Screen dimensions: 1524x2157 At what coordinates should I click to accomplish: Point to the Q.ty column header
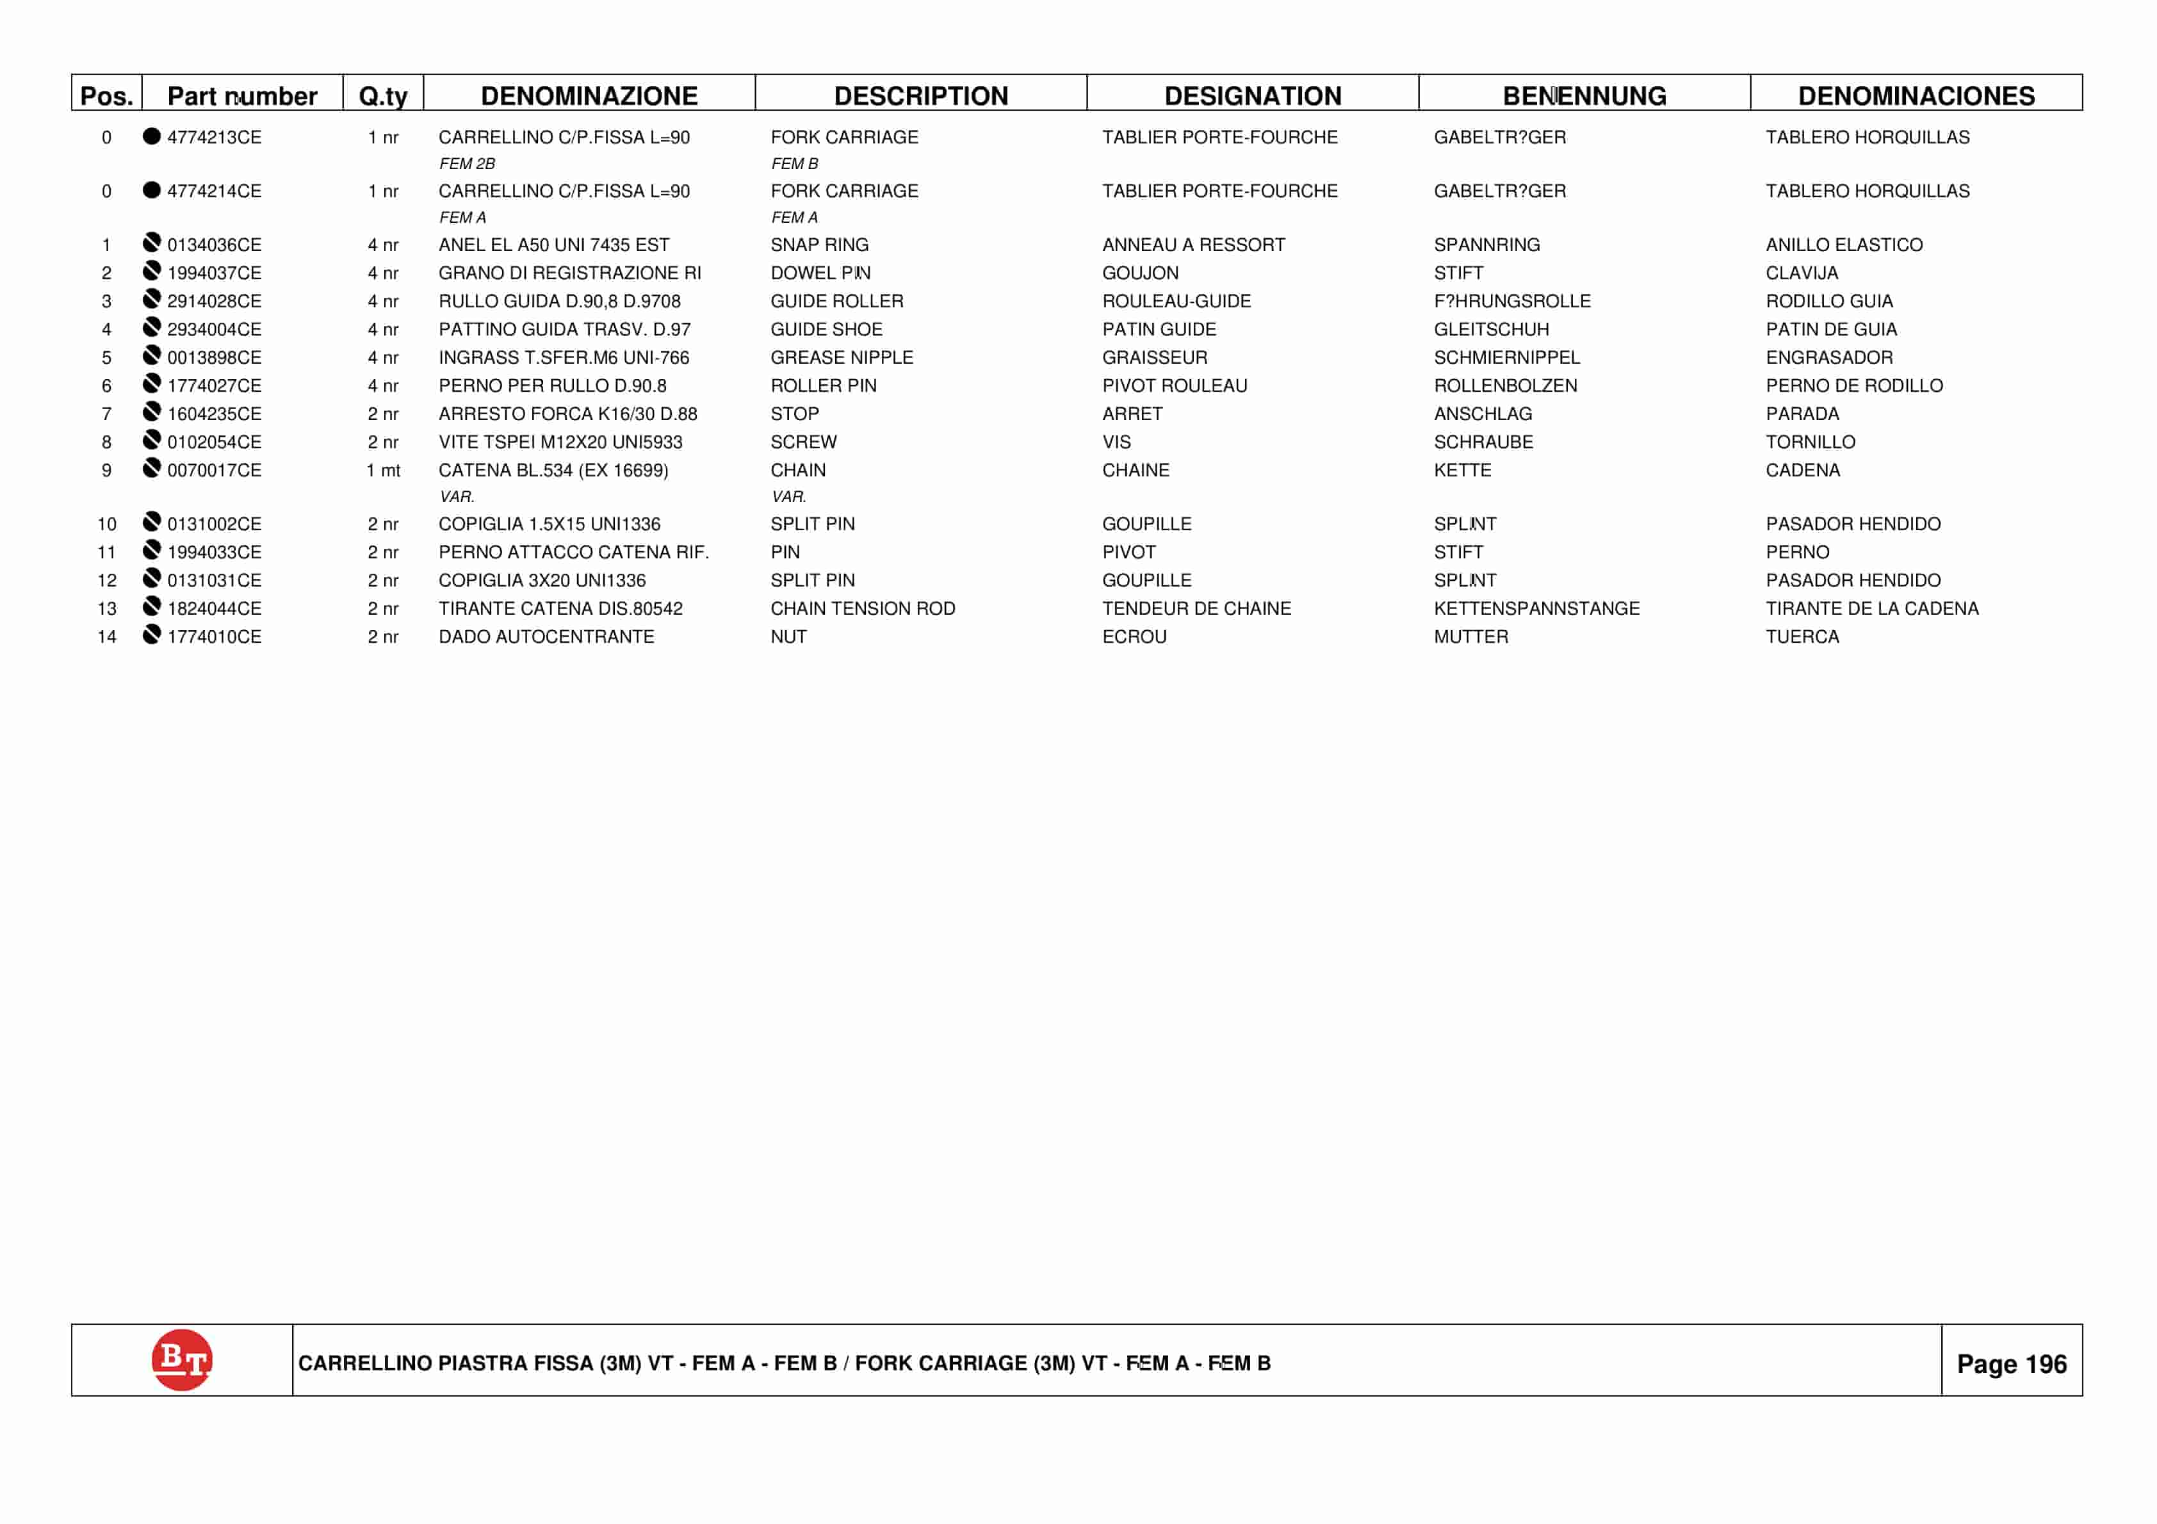pos(382,96)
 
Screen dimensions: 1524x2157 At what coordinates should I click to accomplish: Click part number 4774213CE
pos(214,137)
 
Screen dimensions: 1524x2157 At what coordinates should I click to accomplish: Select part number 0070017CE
pos(214,470)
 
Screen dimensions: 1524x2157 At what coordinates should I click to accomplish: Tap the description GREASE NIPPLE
pos(841,357)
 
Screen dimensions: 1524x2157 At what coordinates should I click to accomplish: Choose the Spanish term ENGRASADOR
pos(1828,357)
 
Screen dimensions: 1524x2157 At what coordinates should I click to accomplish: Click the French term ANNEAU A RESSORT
pos(1193,245)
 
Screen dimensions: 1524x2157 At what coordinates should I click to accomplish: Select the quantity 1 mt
pos(382,470)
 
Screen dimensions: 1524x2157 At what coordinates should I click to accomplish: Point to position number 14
pos(107,636)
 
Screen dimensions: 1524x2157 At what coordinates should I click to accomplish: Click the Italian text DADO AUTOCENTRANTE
pos(546,636)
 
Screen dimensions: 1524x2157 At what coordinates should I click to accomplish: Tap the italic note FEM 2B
pos(467,163)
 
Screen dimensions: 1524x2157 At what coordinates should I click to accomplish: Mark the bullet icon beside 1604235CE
pos(151,412)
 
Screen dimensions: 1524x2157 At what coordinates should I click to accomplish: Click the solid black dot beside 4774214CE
pos(151,190)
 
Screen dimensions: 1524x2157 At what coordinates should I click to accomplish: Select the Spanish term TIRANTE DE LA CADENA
pos(1871,608)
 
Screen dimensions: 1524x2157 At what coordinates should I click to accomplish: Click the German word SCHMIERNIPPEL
pos(1506,357)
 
